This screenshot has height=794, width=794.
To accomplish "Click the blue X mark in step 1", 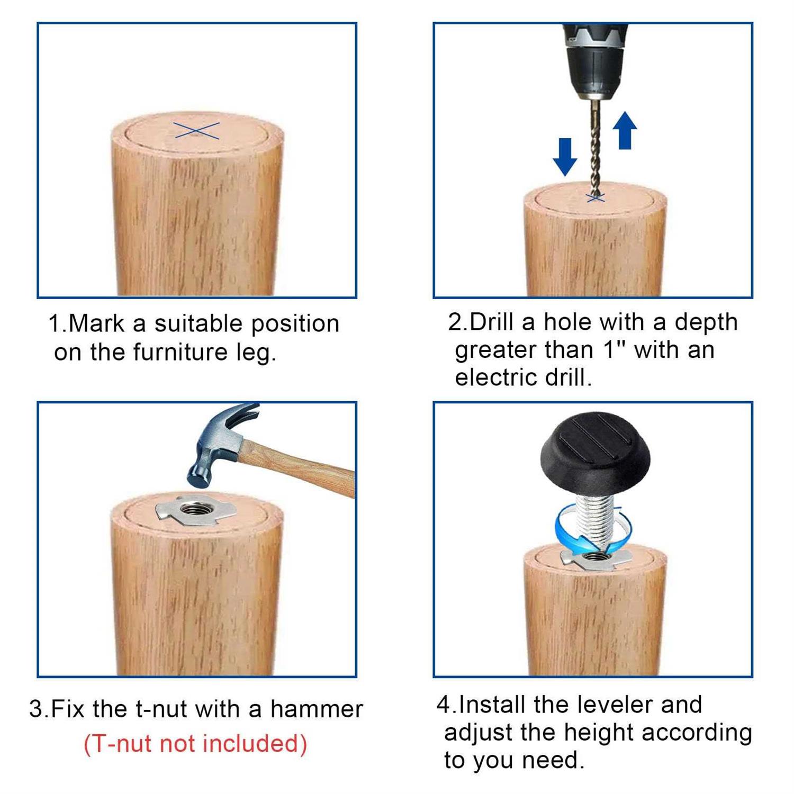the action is (x=196, y=131).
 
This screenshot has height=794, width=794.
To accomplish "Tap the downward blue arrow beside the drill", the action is (x=565, y=157).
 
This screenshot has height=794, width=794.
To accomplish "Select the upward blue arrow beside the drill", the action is (x=625, y=130).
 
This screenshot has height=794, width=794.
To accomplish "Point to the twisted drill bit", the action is (x=595, y=148).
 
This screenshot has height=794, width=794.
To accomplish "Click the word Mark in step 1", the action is (x=96, y=323).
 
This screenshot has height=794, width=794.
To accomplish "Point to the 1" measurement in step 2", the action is (x=615, y=349).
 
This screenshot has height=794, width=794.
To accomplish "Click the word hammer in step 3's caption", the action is (x=317, y=709).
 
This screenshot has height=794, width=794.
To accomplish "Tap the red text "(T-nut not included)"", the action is (x=195, y=743).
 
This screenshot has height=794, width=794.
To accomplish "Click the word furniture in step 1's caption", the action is (x=180, y=352).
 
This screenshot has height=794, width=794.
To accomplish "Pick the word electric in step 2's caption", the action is (x=489, y=377).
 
